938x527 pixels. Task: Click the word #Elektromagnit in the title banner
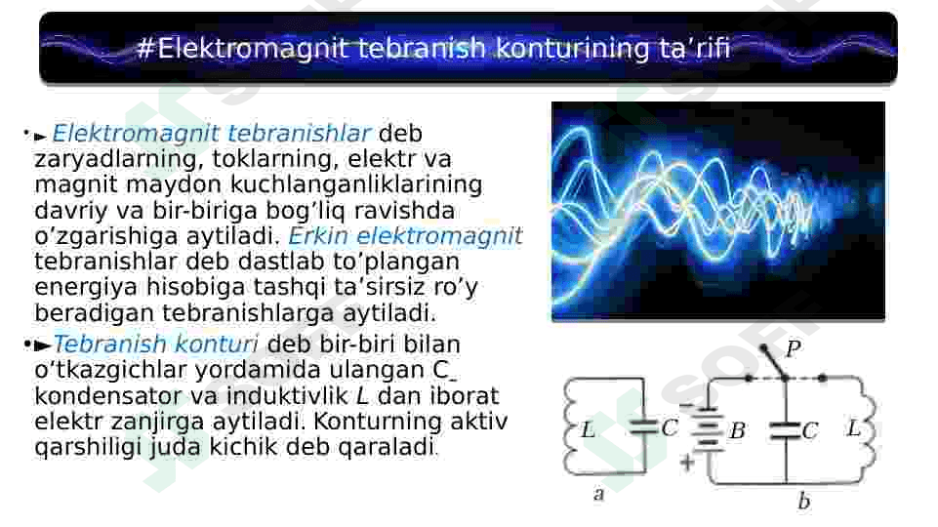click(243, 49)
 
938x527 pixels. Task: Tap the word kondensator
click(109, 396)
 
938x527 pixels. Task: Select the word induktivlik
click(287, 396)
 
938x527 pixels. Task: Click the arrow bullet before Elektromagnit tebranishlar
click(40, 137)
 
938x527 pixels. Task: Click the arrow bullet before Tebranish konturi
click(43, 345)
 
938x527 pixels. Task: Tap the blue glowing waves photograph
click(717, 211)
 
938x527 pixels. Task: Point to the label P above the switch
click(794, 348)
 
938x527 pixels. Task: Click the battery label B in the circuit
click(737, 430)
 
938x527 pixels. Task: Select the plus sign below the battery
click(687, 462)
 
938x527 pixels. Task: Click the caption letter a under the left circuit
click(598, 494)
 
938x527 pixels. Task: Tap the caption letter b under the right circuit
click(804, 500)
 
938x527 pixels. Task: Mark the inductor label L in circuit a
click(588, 429)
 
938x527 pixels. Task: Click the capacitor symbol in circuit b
click(786, 430)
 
